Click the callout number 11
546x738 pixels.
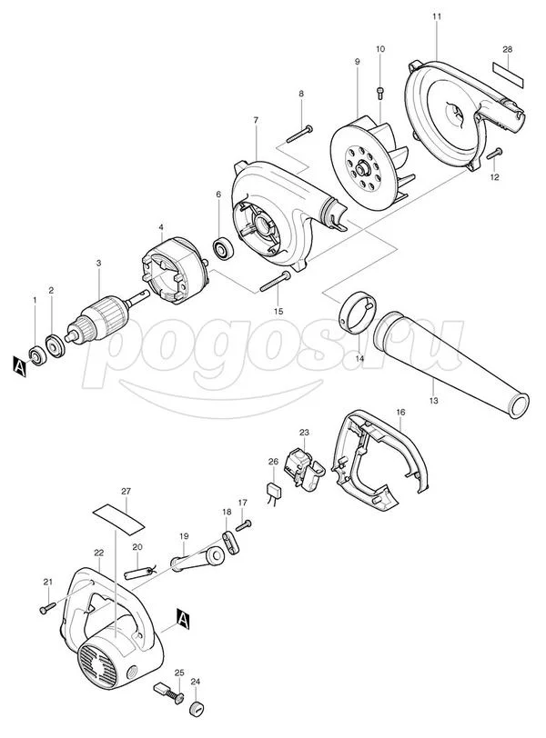point(437,18)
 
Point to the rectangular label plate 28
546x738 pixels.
point(508,70)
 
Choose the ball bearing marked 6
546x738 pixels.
point(220,246)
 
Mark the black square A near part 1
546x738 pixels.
point(18,365)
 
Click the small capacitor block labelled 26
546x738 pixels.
point(272,492)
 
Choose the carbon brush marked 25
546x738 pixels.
point(169,693)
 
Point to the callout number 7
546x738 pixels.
point(257,121)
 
